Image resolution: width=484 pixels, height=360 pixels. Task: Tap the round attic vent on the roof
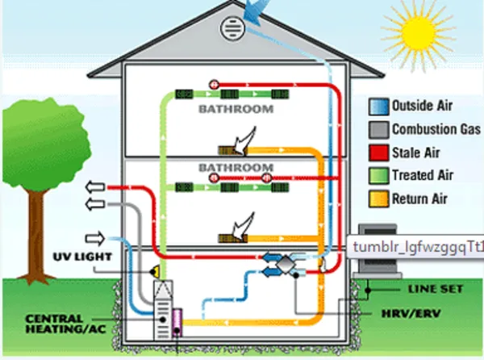(233, 29)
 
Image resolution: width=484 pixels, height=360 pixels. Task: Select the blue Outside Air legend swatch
(379, 107)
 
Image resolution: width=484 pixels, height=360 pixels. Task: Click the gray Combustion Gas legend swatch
(379, 130)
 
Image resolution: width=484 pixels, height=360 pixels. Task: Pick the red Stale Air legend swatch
(379, 153)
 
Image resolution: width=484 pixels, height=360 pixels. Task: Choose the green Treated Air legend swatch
(379, 176)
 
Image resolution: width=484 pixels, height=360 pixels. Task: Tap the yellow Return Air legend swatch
(379, 199)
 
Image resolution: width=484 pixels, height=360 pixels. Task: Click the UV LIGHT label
(82, 257)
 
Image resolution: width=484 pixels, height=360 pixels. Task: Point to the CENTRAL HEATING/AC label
(66, 324)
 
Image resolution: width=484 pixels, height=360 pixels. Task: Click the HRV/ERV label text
(411, 314)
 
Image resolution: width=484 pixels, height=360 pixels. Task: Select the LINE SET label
(436, 289)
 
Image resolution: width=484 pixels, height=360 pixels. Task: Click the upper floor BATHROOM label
(236, 109)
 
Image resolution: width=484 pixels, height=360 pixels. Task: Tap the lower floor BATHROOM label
(236, 168)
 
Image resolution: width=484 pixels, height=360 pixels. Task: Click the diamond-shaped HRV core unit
(286, 264)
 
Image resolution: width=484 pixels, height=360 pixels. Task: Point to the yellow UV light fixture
(155, 272)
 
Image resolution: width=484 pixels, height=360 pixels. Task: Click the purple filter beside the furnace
(177, 323)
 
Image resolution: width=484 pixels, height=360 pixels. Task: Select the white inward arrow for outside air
(95, 239)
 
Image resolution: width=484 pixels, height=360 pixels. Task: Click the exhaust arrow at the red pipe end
(95, 187)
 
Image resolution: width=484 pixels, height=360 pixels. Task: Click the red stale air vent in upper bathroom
(214, 84)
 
